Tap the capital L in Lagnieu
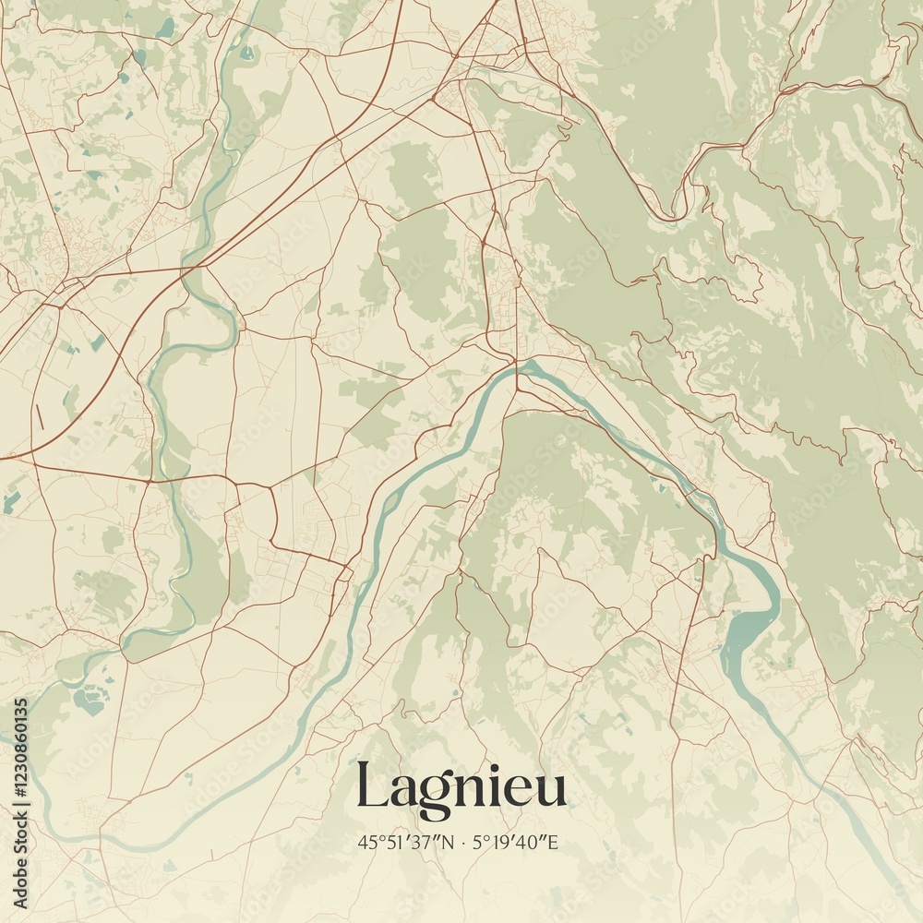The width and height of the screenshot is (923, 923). coord(371,786)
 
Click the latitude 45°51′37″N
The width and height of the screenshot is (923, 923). coord(406,842)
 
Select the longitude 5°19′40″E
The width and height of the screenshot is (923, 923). coord(517,842)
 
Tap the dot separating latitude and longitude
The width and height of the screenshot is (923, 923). coord(463,842)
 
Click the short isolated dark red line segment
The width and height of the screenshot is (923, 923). coord(39,415)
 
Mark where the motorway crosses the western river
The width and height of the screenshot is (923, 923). coord(194,268)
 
